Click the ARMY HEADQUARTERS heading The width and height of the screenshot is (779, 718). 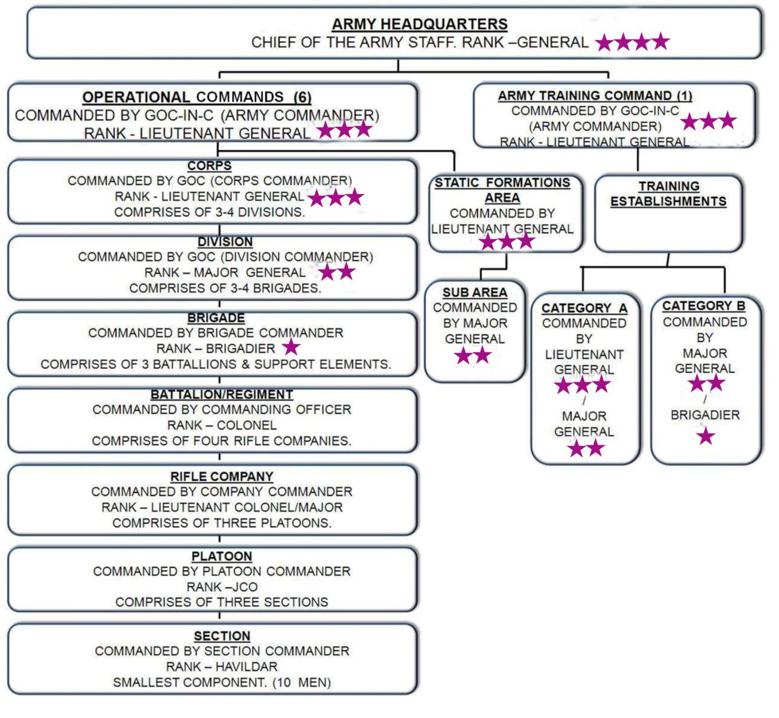(x=419, y=24)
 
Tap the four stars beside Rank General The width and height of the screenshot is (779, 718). (x=632, y=42)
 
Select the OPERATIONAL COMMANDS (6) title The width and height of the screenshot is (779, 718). (x=197, y=97)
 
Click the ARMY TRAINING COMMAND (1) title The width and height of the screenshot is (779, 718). (x=594, y=96)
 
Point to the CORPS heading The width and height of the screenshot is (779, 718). (x=210, y=166)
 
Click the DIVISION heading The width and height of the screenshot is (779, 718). (x=225, y=242)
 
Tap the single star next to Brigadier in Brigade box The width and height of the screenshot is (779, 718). (x=291, y=348)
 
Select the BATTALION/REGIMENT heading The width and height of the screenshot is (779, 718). (x=221, y=394)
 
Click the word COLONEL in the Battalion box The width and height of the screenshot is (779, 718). (x=247, y=425)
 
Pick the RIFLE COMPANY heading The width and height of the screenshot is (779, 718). (x=221, y=477)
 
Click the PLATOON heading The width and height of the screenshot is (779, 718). (x=221, y=556)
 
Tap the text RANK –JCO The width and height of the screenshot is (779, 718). (x=222, y=587)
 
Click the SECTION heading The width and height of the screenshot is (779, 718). (x=222, y=636)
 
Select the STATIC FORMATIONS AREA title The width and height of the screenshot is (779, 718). (x=502, y=190)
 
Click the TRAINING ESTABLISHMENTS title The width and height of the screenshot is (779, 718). (x=668, y=194)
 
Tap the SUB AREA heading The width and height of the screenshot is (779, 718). (x=474, y=293)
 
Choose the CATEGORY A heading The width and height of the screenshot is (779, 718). (x=584, y=309)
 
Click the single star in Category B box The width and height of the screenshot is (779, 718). (x=705, y=437)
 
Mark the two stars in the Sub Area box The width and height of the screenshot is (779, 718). (x=473, y=356)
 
